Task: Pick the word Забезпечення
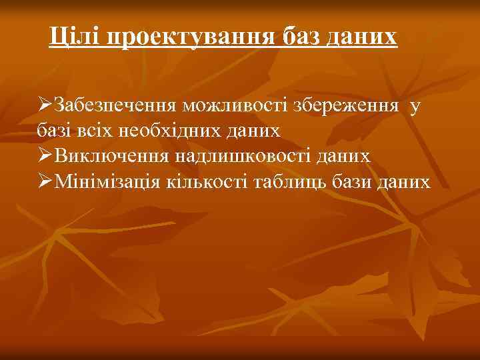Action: [x=115, y=106]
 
